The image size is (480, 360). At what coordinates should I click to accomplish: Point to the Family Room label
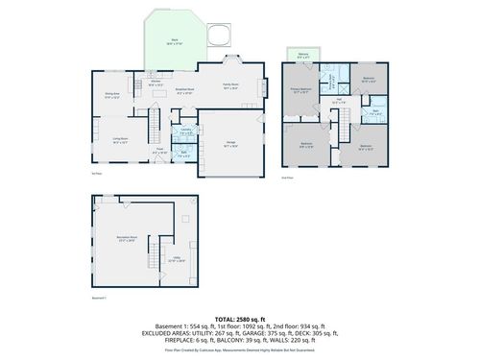coord(231,85)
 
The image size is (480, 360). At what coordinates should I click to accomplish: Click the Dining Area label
coord(111,95)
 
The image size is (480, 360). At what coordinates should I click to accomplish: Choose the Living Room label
coord(121,140)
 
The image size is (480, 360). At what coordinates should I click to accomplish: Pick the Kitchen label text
coord(155,84)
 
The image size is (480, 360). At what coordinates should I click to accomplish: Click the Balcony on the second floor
coord(304,57)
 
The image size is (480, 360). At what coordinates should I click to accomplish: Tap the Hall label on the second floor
coord(339,100)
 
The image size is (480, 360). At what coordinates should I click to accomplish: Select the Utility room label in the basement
coord(179,259)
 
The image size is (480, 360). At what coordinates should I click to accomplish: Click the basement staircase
coord(152,253)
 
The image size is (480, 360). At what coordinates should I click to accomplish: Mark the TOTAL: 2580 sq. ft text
coord(239,317)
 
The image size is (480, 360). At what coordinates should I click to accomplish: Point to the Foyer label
coord(159,150)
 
